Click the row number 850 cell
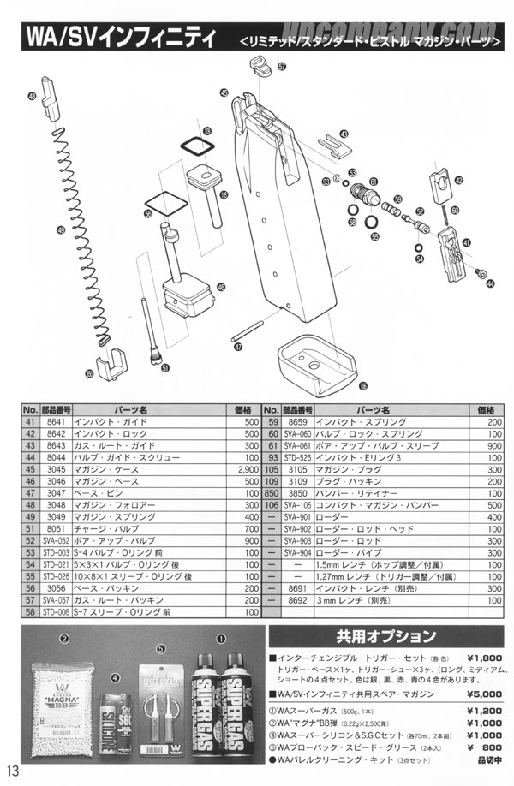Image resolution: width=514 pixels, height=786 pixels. click(272, 495)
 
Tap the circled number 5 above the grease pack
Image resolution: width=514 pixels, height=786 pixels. click(159, 648)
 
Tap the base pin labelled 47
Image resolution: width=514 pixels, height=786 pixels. click(251, 332)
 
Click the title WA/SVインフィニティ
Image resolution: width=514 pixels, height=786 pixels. click(117, 40)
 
